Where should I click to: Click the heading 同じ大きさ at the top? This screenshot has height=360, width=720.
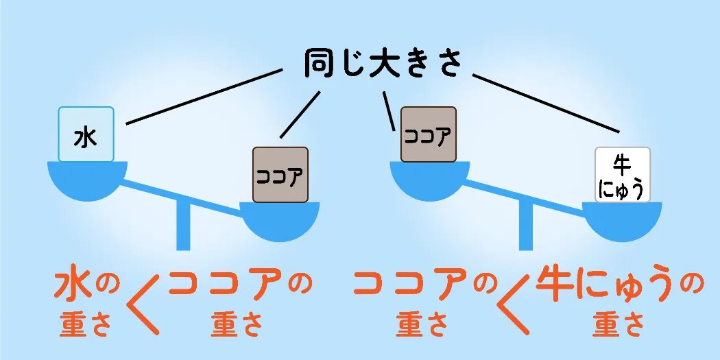383,64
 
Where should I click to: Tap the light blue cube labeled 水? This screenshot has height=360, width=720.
86,134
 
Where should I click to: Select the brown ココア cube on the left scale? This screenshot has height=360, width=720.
280,175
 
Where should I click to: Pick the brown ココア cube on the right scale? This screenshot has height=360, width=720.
429,134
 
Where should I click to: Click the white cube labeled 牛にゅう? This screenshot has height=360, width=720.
623,175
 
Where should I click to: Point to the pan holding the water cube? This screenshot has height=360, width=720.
87,180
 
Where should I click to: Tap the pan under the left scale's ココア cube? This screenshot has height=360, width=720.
280,221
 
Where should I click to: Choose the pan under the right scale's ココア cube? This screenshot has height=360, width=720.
429,180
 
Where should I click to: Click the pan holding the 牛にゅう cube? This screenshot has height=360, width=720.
622,221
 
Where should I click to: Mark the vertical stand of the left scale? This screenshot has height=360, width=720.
183,226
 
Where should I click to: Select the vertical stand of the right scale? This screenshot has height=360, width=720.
526,226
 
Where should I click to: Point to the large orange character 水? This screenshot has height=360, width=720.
73,285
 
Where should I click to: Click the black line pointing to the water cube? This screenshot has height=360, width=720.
204,97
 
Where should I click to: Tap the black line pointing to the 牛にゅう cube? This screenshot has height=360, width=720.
546,104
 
